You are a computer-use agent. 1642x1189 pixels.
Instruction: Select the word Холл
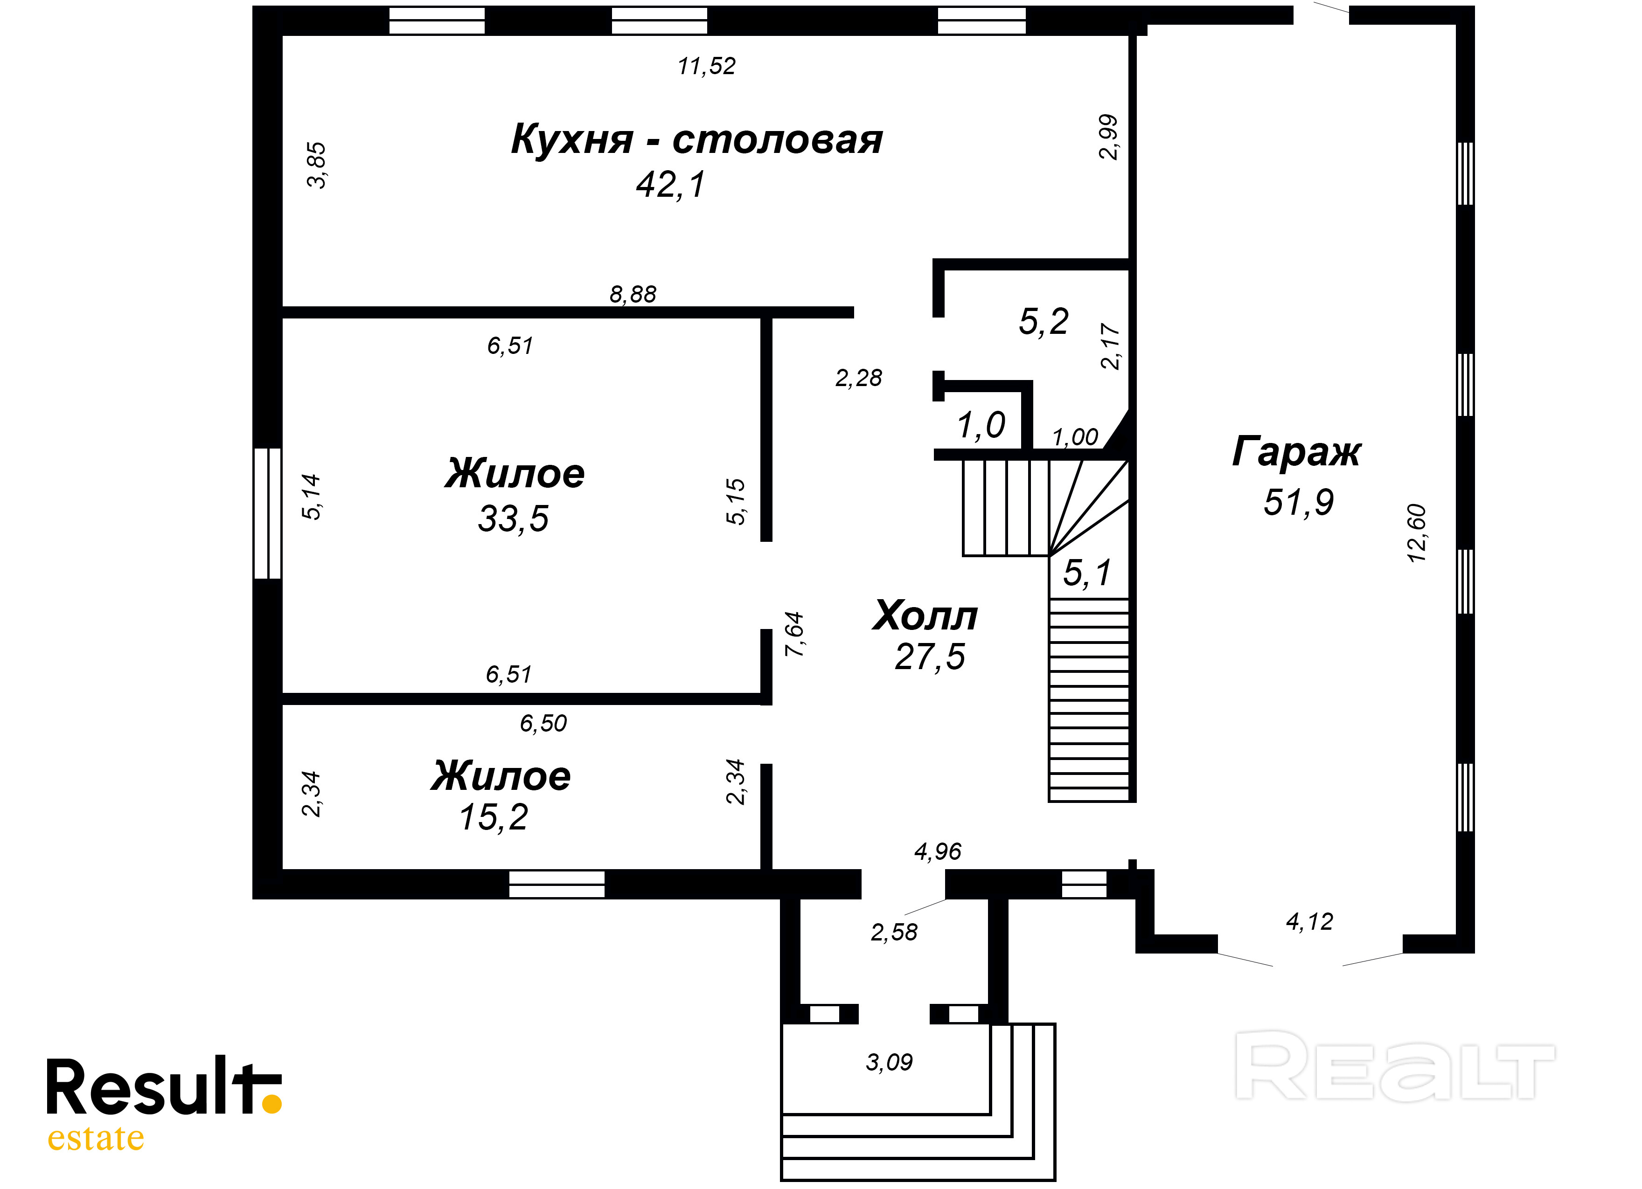point(925,616)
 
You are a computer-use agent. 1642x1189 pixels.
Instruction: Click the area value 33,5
point(513,519)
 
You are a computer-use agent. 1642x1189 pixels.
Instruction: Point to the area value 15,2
point(494,818)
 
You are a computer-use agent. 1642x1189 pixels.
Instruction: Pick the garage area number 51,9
point(1299,502)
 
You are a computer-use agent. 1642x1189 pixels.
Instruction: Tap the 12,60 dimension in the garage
point(1416,533)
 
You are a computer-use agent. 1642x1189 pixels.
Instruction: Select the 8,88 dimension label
point(633,295)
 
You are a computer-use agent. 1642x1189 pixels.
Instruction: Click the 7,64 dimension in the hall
point(794,635)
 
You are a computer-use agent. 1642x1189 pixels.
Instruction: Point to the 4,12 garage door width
point(1309,922)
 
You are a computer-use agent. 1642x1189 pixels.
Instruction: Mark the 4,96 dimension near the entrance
point(938,852)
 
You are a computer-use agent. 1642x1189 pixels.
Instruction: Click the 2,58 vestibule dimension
point(894,933)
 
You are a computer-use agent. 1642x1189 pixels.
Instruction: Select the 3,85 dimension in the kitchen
point(316,165)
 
